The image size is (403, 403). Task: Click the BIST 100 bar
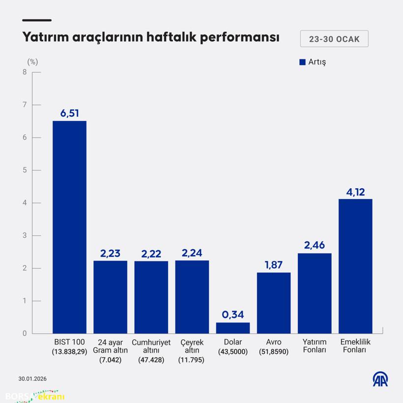click(69, 227)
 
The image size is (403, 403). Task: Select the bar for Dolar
click(233, 328)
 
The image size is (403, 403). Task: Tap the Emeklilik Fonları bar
click(355, 266)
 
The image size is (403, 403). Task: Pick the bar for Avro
click(274, 303)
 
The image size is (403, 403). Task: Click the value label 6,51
click(69, 114)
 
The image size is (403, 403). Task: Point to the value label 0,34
click(233, 315)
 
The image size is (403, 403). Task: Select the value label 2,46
click(315, 245)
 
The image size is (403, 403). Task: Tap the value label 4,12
click(355, 192)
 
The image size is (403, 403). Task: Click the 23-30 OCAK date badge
click(334, 39)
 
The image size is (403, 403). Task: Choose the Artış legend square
click(302, 62)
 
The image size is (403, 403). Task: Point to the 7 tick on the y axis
click(24, 105)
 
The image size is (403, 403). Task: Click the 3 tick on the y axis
click(24, 235)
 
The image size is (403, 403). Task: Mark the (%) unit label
click(32, 62)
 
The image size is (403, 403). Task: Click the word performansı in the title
click(240, 38)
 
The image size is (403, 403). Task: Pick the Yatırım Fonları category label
click(315, 346)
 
